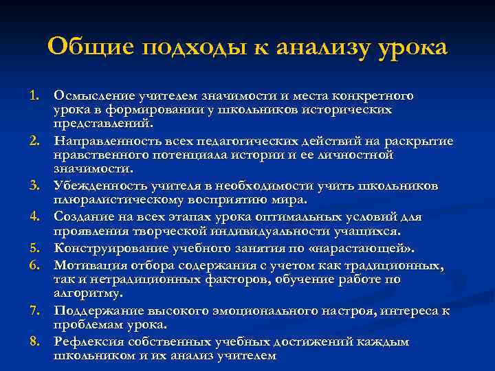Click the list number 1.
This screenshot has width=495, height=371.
(x=34, y=94)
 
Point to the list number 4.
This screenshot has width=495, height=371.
(x=34, y=217)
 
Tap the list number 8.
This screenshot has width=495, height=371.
(x=34, y=311)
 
